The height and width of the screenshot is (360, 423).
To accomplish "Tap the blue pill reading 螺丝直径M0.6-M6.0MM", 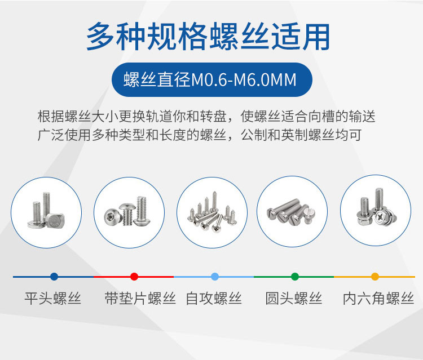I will click(211, 79).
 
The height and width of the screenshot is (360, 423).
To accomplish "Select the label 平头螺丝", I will click(53, 298).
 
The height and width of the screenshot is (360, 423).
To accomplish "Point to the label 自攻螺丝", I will click(214, 298).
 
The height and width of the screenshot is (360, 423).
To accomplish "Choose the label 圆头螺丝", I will click(294, 298).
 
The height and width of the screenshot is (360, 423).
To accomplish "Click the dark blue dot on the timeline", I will click(54, 277).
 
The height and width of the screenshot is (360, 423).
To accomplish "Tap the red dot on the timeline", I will click(134, 277).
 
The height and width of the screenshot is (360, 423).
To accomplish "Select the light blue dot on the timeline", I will click(214, 277).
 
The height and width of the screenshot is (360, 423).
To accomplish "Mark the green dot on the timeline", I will click(294, 277).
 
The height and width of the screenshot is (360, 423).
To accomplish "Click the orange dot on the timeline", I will click(375, 277).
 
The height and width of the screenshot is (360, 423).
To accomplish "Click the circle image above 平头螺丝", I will click(46, 210).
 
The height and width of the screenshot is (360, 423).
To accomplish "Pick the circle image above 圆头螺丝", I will click(292, 210).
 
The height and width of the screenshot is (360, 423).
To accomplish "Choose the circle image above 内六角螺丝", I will click(375, 210).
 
